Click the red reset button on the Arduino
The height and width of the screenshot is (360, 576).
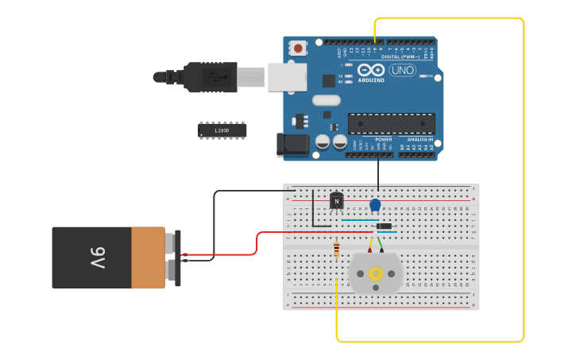[298, 48]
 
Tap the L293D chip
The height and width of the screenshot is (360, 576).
[222, 130]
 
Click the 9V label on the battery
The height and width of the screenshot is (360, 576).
[97, 257]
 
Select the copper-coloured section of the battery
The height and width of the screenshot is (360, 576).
[148, 257]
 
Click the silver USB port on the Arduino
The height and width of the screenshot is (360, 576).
[287, 77]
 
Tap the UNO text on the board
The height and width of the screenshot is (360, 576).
[402, 70]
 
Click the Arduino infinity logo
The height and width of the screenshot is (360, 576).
[370, 70]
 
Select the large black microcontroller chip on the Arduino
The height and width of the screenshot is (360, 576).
[391, 123]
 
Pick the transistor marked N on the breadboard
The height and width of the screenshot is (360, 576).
[337, 201]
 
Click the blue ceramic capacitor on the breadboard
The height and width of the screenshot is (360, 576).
[375, 205]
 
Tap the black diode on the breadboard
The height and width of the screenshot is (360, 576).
[384, 226]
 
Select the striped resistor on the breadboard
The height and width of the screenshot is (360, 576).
[337, 250]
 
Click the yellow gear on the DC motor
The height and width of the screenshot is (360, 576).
[376, 273]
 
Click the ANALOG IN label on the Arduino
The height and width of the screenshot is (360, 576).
[416, 140]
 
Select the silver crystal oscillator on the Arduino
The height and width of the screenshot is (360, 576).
[326, 100]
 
